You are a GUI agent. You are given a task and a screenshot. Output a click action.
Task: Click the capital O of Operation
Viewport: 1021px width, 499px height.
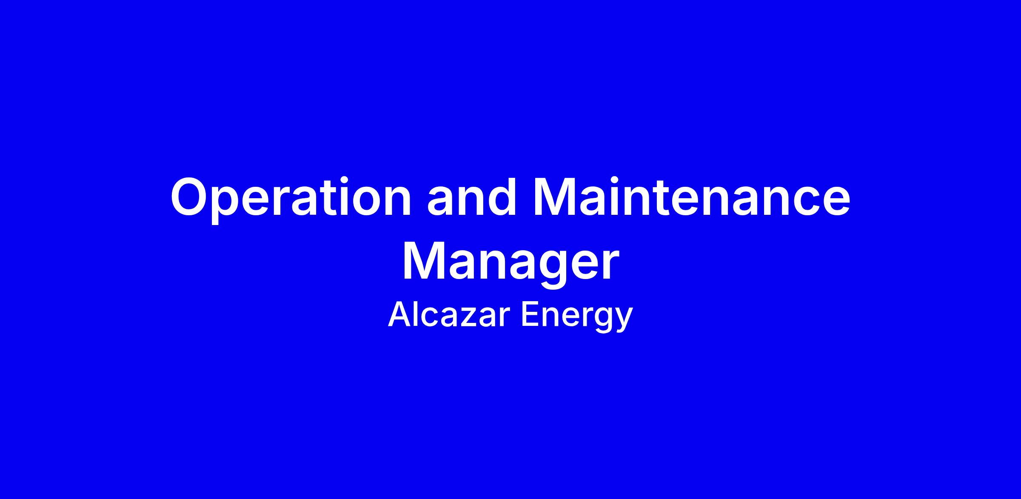192,197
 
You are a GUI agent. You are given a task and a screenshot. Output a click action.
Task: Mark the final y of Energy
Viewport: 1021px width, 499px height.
624,320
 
